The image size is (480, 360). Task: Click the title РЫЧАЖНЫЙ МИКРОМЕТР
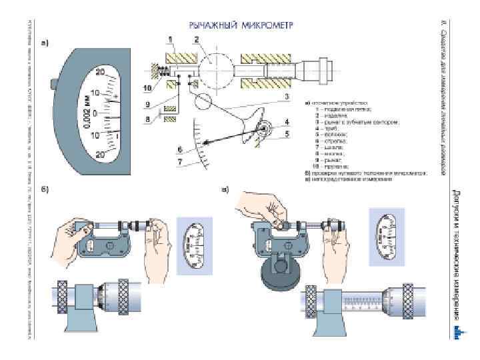(x=241, y=25)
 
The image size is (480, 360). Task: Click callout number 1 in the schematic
(x=171, y=40)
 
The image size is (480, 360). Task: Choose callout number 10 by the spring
(x=147, y=87)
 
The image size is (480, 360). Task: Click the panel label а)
(x=45, y=44)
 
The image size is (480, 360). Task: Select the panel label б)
(x=45, y=189)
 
